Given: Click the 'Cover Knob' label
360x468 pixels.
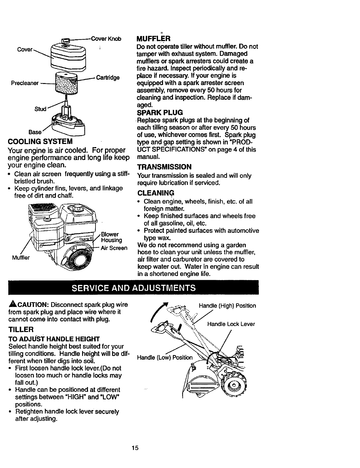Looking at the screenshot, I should click(106, 39).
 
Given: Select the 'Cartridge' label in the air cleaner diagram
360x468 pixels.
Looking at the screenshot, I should click(108, 78).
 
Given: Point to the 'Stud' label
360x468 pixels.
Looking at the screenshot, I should click(40, 109).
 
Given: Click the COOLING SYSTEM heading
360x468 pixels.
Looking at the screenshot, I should click(41, 141).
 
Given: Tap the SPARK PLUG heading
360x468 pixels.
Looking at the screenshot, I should click(160, 113).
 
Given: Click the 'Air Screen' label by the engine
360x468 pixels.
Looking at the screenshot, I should click(114, 248).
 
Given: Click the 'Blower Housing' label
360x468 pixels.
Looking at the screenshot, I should click(111, 237).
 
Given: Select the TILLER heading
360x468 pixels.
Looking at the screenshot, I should click(21, 330).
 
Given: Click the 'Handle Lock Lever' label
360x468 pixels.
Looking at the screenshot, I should click(231, 324).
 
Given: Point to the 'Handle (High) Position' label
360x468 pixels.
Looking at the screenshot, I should click(227, 306).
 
